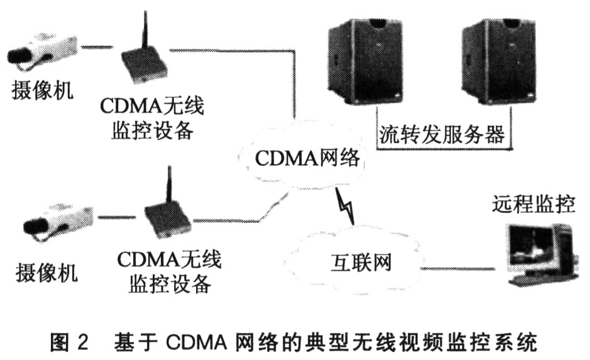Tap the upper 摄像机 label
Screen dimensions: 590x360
[x=42, y=90]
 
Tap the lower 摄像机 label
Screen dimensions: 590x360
[x=46, y=271]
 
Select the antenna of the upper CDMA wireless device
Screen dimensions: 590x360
[x=144, y=32]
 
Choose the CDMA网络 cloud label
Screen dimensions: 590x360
[x=307, y=158]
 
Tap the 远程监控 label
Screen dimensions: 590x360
[x=533, y=204]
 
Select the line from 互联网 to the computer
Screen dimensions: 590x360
[x=457, y=269]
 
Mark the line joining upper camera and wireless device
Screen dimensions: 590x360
[x=97, y=47]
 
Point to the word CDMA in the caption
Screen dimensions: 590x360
[x=196, y=342]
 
